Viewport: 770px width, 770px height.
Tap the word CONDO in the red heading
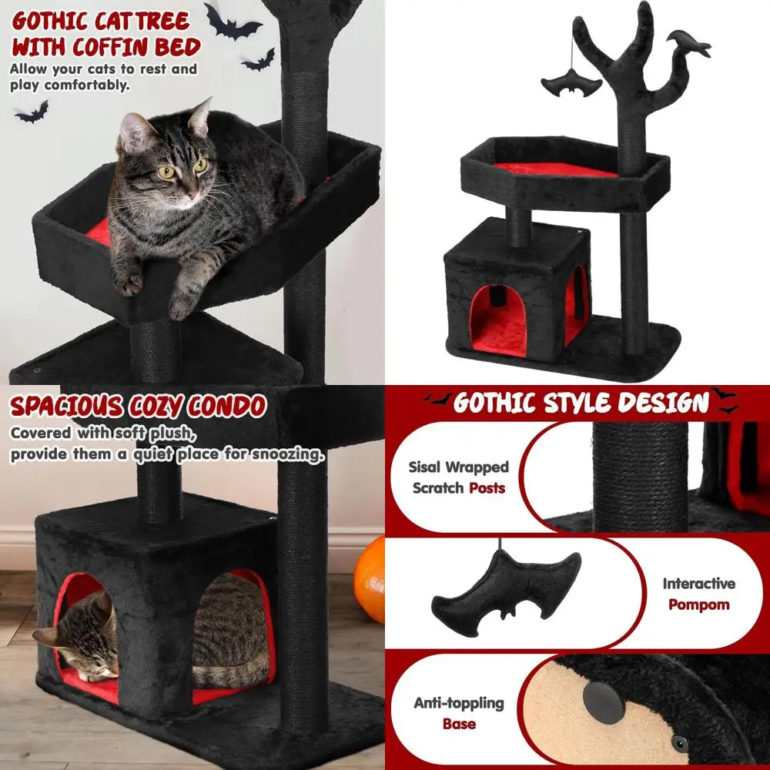[x=227, y=406]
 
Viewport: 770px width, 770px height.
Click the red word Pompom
[x=698, y=604]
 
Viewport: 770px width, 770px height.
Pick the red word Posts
[x=487, y=487]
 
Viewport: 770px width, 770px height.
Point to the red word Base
[x=459, y=724]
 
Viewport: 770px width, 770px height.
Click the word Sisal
[x=428, y=467]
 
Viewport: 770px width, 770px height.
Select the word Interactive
[x=698, y=584]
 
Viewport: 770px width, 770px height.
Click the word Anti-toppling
[x=459, y=702]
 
